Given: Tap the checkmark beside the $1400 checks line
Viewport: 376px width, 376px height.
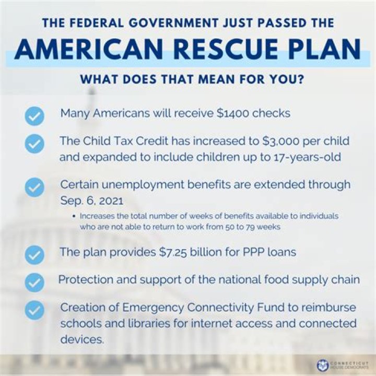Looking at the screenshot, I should point(34,115).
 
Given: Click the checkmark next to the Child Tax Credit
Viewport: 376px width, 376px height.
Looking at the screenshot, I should point(34,143).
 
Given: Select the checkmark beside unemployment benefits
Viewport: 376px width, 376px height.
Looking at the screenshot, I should point(34,187).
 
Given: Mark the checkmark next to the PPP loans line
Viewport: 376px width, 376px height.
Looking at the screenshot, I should point(34,254).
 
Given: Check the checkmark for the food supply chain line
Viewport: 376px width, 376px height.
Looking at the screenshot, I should point(34,282).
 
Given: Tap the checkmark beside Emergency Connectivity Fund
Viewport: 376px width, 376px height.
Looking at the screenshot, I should point(34,310).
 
